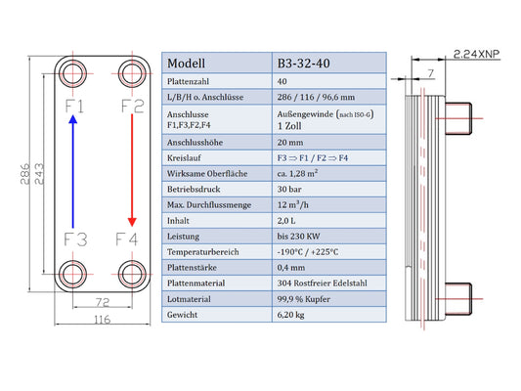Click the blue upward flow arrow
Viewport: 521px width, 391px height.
coord(72,171)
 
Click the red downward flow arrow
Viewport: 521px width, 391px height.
coord(132,170)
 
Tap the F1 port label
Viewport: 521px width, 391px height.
coord(74,107)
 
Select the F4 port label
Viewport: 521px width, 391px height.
coord(126,239)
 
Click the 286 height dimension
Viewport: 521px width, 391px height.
coord(24,174)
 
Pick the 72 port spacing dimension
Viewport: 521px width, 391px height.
coord(102,302)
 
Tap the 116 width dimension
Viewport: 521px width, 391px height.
coord(102,320)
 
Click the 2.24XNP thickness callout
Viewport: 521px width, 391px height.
coord(476,54)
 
